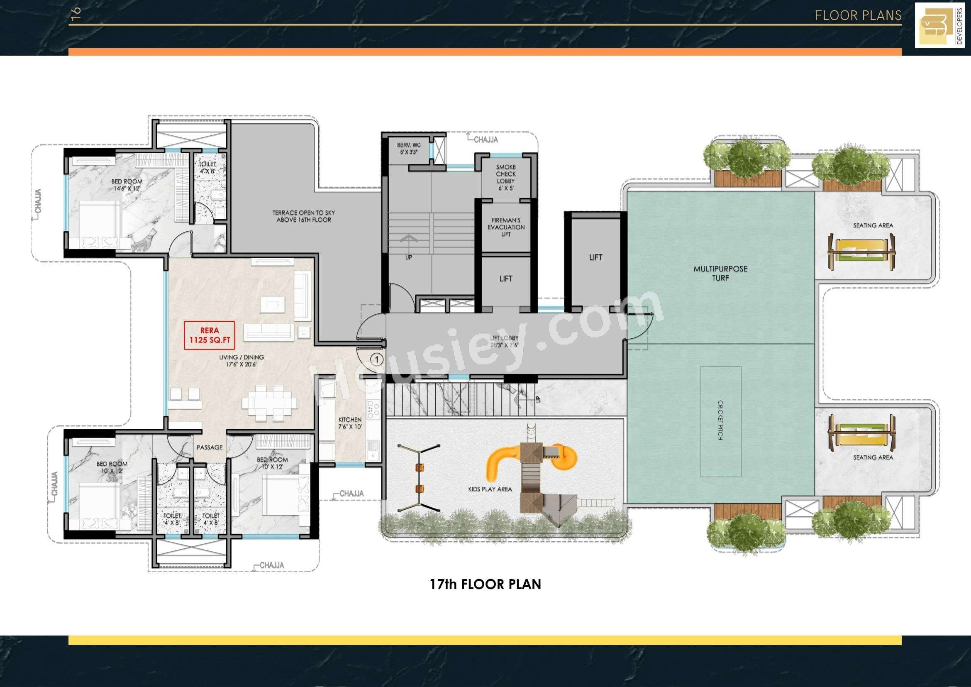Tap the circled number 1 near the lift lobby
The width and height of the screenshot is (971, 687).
(376, 359)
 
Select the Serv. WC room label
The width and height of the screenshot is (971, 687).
(409, 149)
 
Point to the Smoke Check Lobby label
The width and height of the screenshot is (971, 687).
(506, 177)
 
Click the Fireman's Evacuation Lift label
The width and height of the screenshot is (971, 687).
(506, 227)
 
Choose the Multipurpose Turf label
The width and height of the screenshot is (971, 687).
(720, 273)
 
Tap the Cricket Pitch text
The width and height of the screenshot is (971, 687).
(720, 420)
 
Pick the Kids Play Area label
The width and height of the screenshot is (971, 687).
(490, 489)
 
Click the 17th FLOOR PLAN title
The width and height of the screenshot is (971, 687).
(486, 584)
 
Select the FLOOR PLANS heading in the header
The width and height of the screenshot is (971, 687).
(858, 16)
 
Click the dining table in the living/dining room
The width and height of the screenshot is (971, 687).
(269, 403)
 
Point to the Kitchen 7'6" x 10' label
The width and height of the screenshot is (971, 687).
(350, 423)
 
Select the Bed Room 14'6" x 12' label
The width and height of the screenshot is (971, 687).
(127, 185)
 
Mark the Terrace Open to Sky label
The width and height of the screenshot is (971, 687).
(304, 216)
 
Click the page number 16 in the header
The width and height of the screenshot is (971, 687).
(76, 14)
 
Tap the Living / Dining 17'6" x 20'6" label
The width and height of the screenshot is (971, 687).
(242, 360)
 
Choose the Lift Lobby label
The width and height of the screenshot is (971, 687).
(504, 341)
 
